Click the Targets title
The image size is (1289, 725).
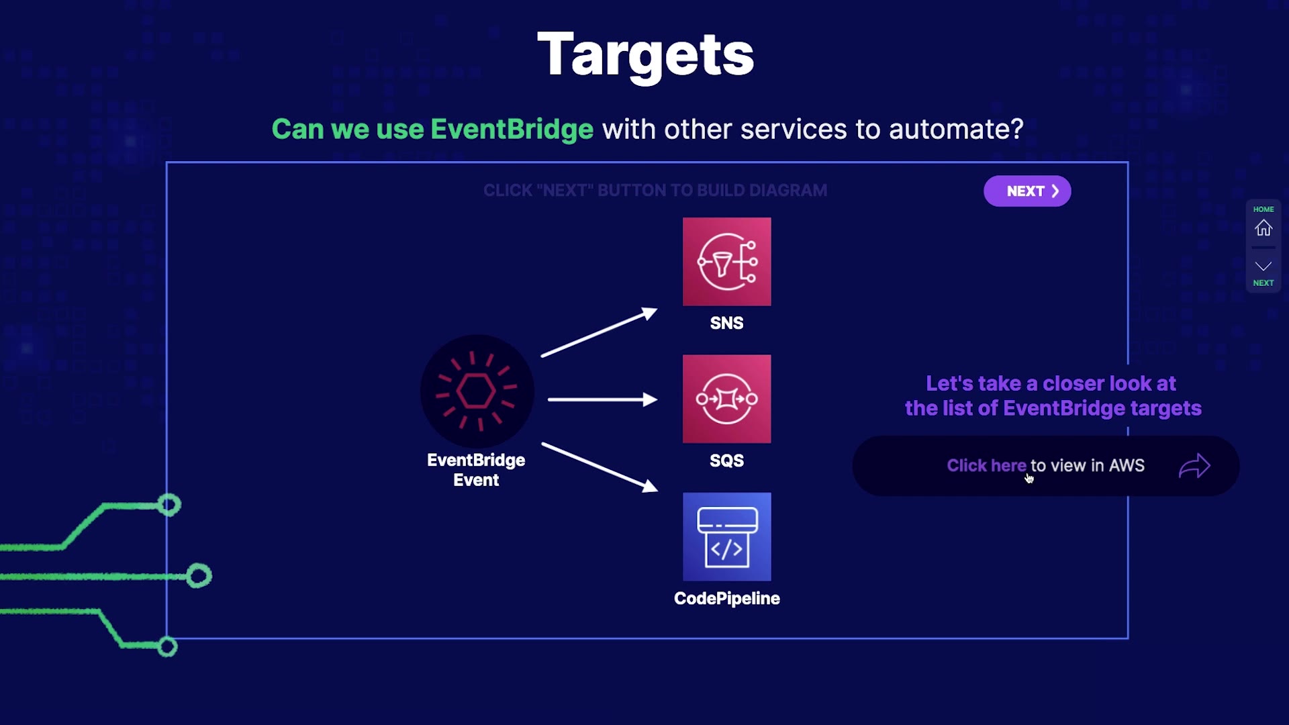point(645,55)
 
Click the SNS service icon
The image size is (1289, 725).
point(726,261)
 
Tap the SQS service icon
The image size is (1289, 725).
point(726,399)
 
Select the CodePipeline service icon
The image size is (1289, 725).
point(726,536)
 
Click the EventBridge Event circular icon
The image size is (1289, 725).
point(477,391)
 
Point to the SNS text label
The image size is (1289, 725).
point(726,323)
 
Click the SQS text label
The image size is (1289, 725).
point(726,461)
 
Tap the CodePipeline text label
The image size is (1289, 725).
point(726,598)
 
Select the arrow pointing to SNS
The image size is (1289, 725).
point(599,332)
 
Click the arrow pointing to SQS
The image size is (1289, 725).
point(602,399)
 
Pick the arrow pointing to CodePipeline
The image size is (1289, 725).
point(600,467)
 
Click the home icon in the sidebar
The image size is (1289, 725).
point(1263,228)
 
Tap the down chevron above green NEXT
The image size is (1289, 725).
point(1263,267)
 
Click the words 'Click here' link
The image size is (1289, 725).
point(986,465)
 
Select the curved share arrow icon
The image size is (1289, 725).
point(1194,466)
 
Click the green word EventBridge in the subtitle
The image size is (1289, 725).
point(512,129)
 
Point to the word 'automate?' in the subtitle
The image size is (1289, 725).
point(956,129)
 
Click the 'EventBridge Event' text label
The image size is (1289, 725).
point(476,470)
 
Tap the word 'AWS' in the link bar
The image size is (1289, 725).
point(1127,465)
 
